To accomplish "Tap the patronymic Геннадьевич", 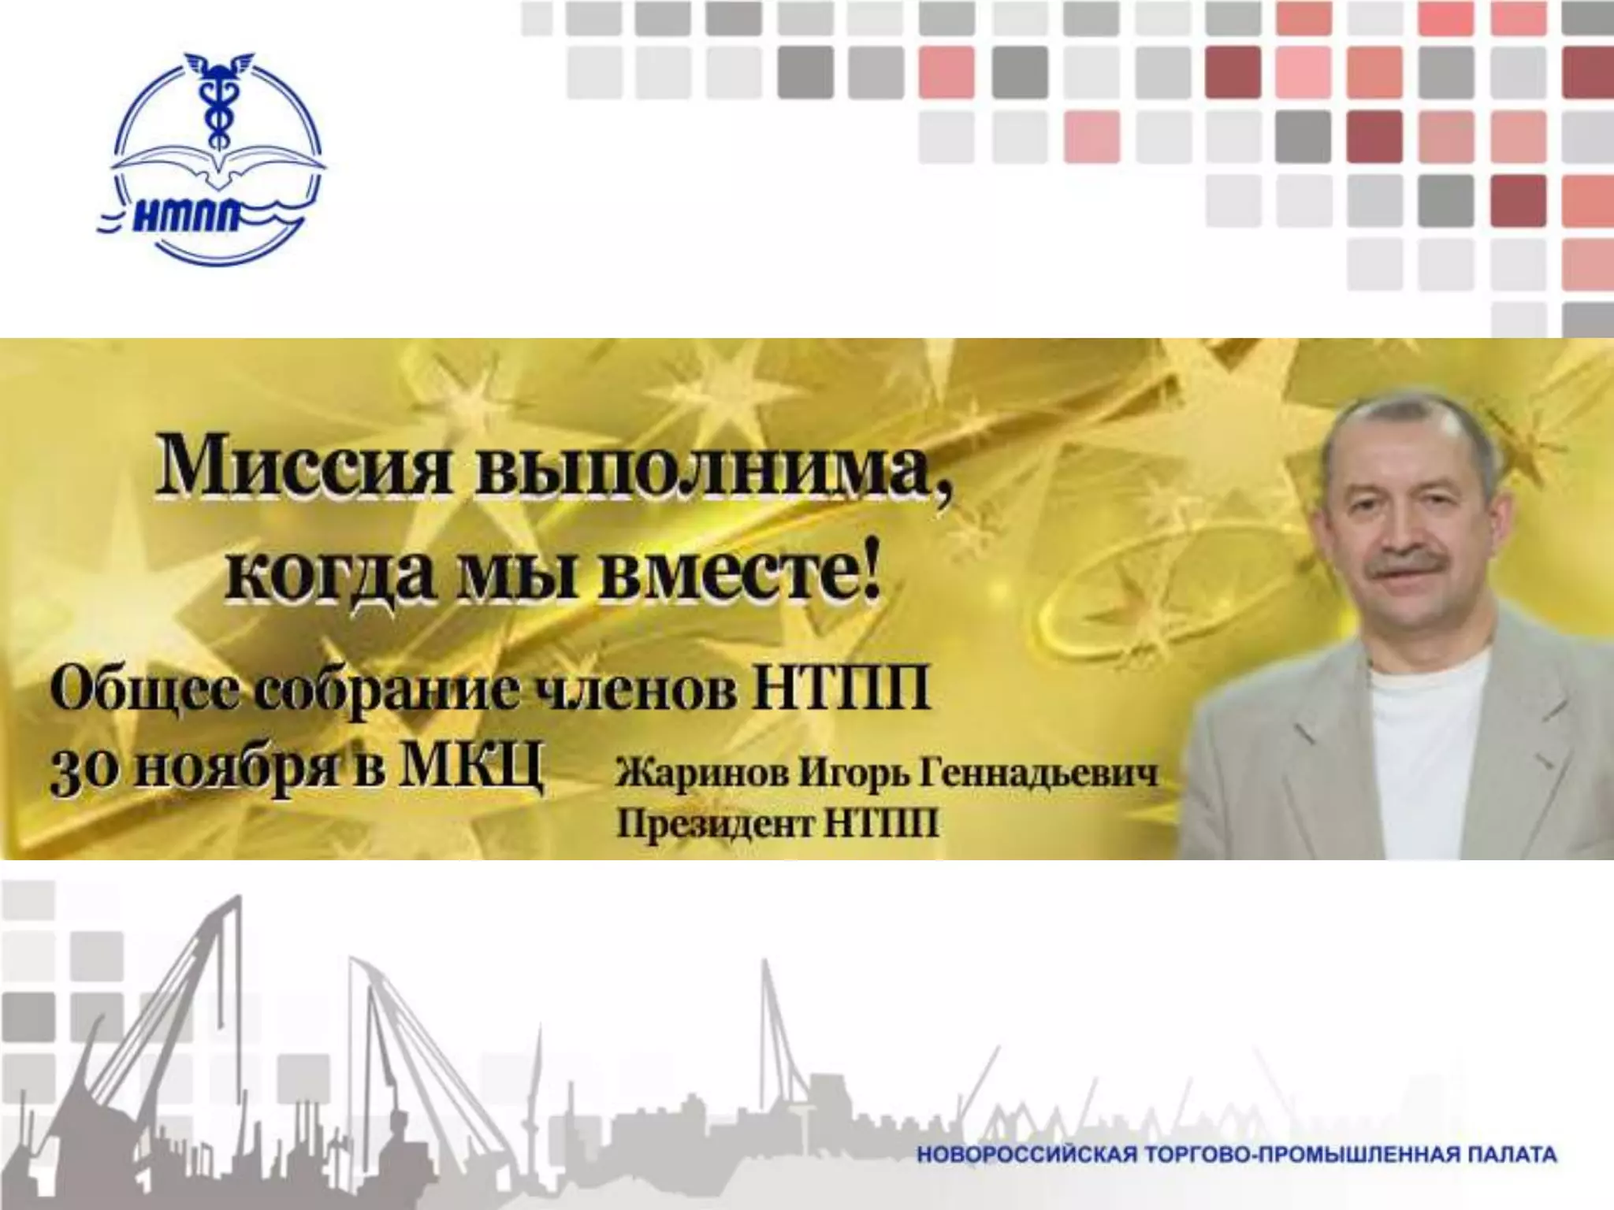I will click(1040, 774).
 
